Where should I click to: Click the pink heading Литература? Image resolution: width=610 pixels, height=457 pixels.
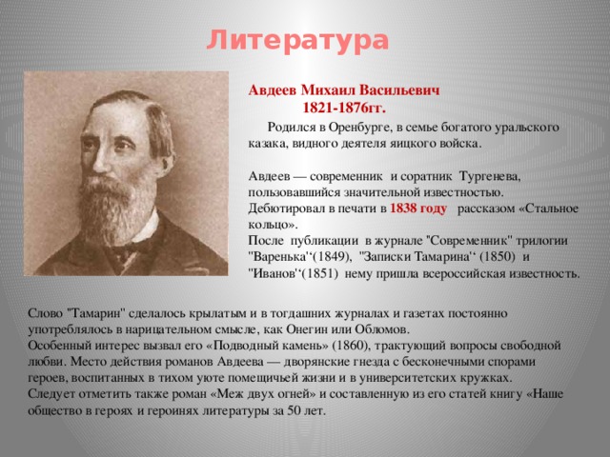[297, 41]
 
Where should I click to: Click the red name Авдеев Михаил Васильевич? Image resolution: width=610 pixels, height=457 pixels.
[344, 90]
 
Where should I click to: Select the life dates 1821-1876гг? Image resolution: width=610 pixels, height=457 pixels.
[344, 108]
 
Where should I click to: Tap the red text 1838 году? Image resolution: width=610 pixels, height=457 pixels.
[418, 209]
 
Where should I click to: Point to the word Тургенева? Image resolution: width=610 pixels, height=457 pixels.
[490, 176]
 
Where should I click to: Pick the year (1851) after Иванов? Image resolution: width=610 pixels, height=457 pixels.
[319, 273]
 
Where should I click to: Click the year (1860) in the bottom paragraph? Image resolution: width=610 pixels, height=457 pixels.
[352, 346]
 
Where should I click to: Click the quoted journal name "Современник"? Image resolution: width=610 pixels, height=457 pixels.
[470, 241]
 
